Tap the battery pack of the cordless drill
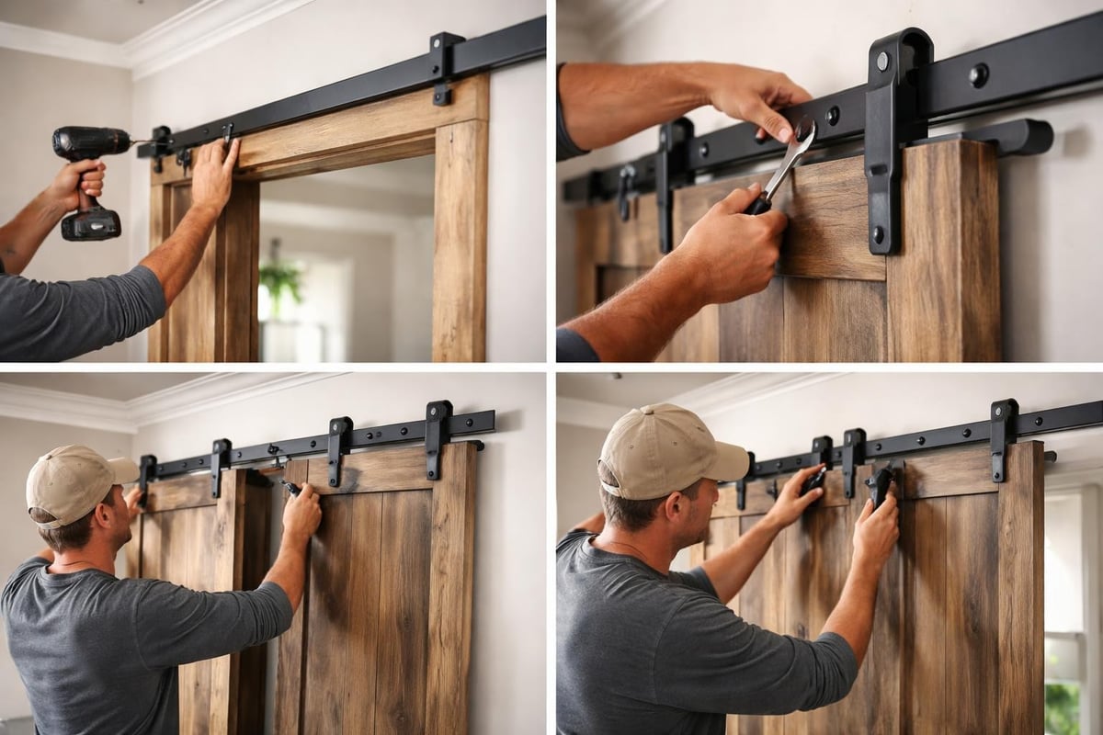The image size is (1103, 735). pyautogui.click(x=91, y=223)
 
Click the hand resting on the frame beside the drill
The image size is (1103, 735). pyautogui.click(x=214, y=175)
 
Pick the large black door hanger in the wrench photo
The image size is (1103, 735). pyautogui.click(x=893, y=138)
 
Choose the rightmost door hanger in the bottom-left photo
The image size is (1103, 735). pyautogui.click(x=438, y=436)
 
